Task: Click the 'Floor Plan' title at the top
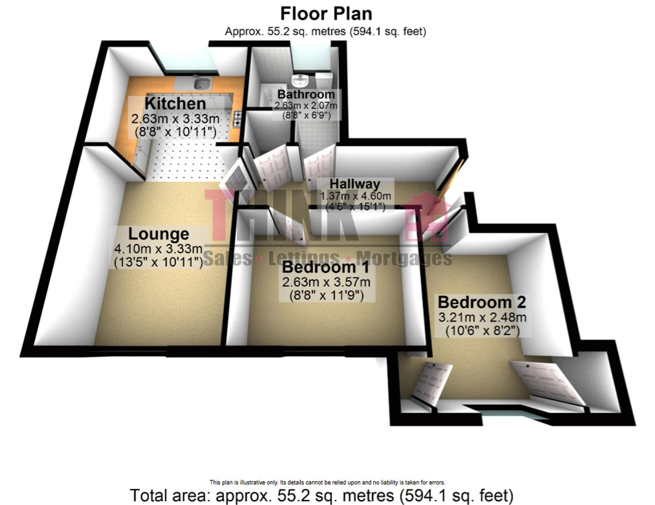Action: tap(326, 14)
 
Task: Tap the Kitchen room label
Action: tap(175, 103)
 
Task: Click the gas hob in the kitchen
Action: tap(237, 119)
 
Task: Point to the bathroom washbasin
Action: tap(299, 80)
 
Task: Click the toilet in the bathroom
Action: tap(324, 80)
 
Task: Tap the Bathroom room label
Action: tap(306, 94)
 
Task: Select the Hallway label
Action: tap(355, 184)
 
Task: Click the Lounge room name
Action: tap(159, 234)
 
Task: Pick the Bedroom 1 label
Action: tap(326, 267)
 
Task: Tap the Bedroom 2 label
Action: tap(482, 302)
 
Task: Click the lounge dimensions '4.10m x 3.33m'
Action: tap(159, 249)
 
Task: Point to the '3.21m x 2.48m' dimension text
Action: tap(482, 317)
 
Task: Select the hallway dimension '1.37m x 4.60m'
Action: tap(355, 196)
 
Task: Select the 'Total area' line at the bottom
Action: tap(322, 496)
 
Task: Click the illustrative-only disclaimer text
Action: tap(327, 482)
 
